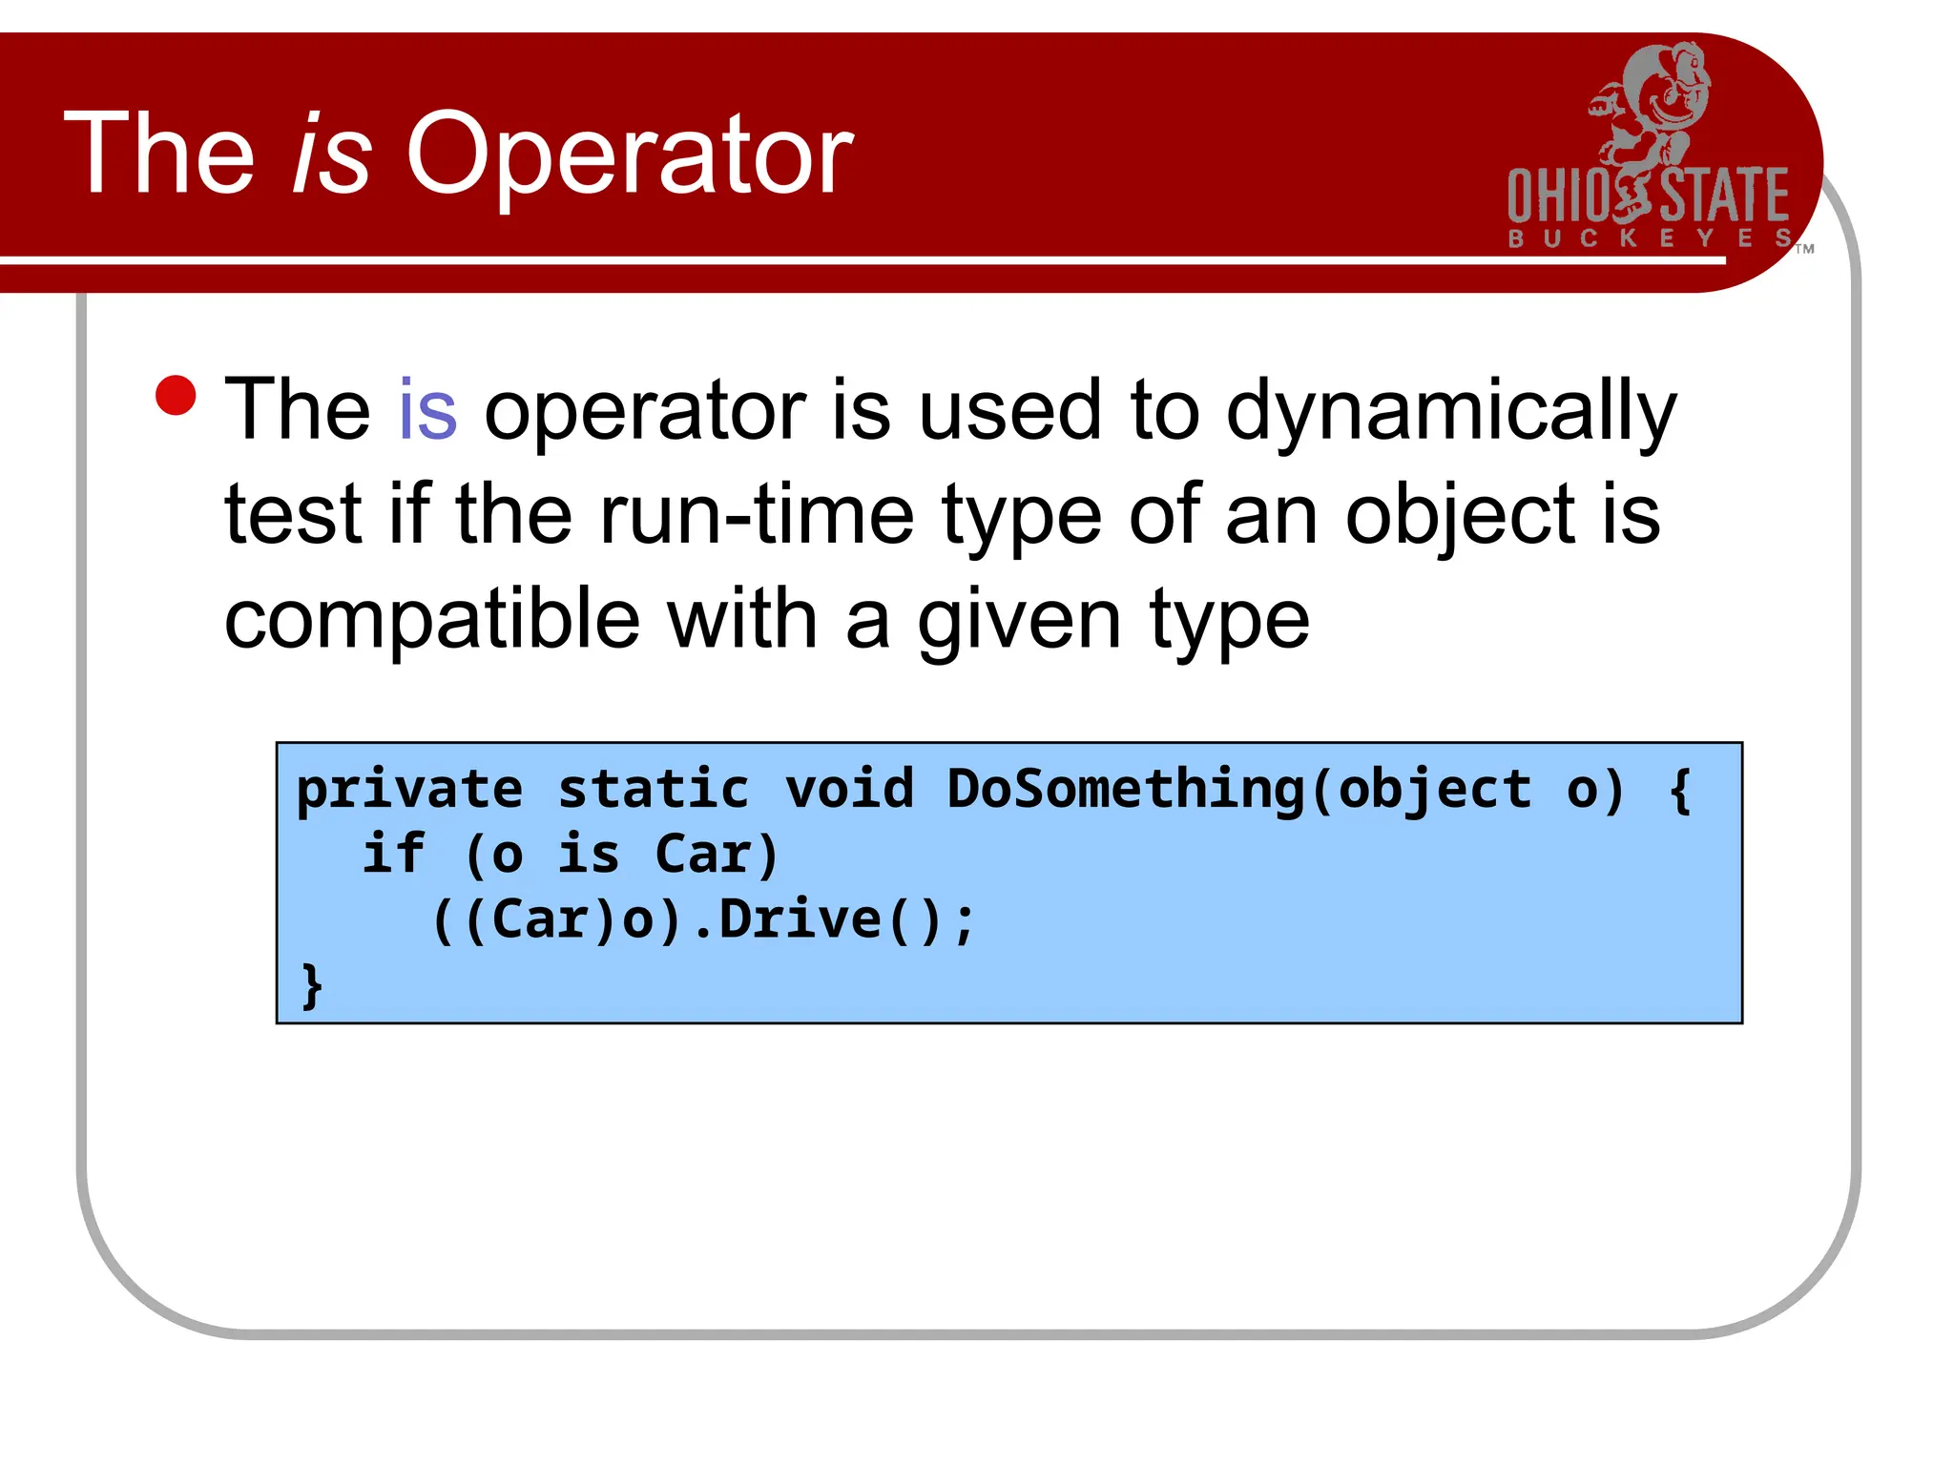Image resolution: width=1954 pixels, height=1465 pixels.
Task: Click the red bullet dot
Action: coord(176,396)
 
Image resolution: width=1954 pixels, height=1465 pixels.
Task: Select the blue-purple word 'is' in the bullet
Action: coord(427,410)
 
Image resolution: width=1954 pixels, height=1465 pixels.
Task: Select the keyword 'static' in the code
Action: coord(654,790)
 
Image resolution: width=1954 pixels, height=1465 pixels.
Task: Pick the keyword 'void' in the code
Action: coord(849,790)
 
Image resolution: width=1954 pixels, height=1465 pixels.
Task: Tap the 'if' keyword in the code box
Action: coord(393,854)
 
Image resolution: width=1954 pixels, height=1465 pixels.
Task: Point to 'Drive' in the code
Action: coord(800,919)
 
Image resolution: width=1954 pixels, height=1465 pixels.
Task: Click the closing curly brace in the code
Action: coord(312,986)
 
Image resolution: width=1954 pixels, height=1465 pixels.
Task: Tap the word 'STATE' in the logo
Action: coord(1725,196)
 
